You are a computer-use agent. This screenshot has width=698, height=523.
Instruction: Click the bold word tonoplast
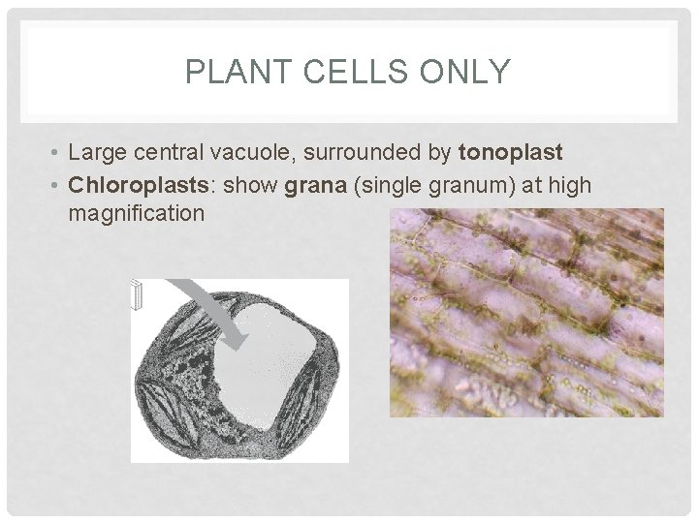[x=510, y=153]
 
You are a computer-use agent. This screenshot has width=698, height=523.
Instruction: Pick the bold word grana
[x=313, y=184]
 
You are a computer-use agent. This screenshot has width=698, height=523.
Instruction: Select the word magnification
[x=137, y=211]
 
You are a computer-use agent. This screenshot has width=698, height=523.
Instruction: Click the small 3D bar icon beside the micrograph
[x=137, y=296]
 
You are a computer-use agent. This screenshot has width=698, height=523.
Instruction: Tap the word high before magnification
[x=570, y=184]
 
